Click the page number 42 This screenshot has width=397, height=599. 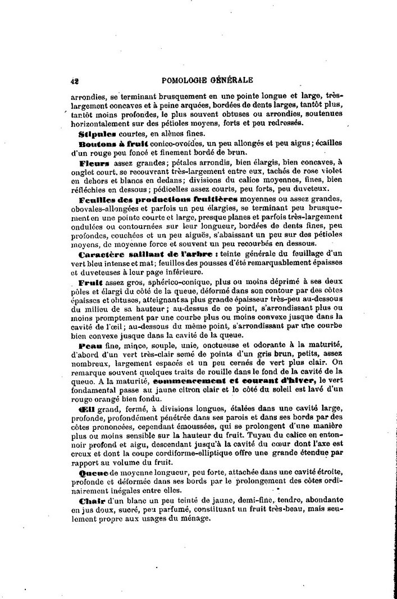[74, 80]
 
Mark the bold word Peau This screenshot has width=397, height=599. [90, 344]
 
